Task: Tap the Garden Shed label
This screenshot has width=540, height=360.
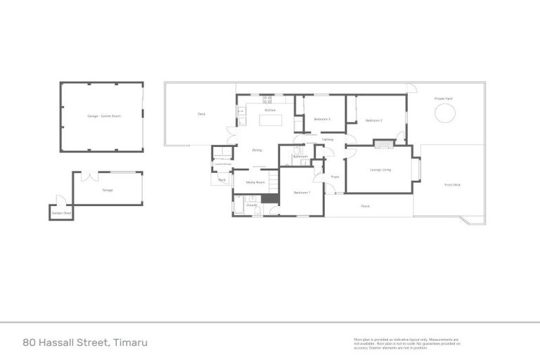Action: [60, 213]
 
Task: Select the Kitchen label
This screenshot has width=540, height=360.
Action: [269, 110]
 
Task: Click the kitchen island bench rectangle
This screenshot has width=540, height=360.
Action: [271, 120]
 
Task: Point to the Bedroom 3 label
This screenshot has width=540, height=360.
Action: [322, 119]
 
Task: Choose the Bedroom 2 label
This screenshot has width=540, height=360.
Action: [373, 121]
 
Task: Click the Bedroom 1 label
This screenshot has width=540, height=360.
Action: [301, 192]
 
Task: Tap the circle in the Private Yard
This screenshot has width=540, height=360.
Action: [445, 113]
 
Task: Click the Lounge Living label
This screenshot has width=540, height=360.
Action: [380, 169]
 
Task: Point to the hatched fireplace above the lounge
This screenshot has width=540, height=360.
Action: [384, 144]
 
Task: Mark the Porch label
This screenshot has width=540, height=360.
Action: [365, 206]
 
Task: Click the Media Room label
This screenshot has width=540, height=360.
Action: [255, 182]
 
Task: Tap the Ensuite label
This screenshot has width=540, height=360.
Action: [252, 206]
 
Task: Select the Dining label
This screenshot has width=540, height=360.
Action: [257, 150]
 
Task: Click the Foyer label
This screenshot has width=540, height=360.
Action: [335, 176]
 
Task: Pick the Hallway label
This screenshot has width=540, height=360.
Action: [328, 140]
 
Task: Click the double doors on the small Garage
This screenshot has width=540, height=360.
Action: [89, 176]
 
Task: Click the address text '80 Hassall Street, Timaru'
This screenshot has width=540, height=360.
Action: [86, 343]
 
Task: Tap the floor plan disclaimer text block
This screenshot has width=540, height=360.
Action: [406, 343]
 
